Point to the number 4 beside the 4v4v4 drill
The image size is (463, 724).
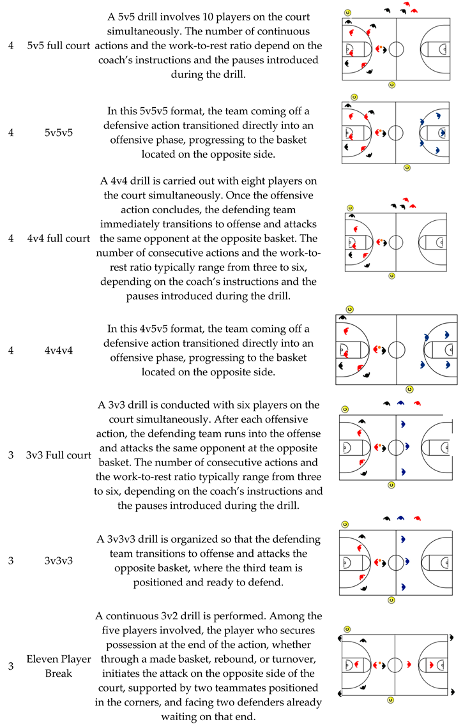11,350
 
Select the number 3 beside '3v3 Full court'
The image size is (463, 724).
11,455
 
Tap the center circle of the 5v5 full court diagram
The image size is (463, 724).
396,48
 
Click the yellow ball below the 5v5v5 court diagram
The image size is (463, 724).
407,168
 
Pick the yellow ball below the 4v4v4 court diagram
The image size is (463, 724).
409,389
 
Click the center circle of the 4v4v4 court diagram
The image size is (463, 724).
397,350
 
